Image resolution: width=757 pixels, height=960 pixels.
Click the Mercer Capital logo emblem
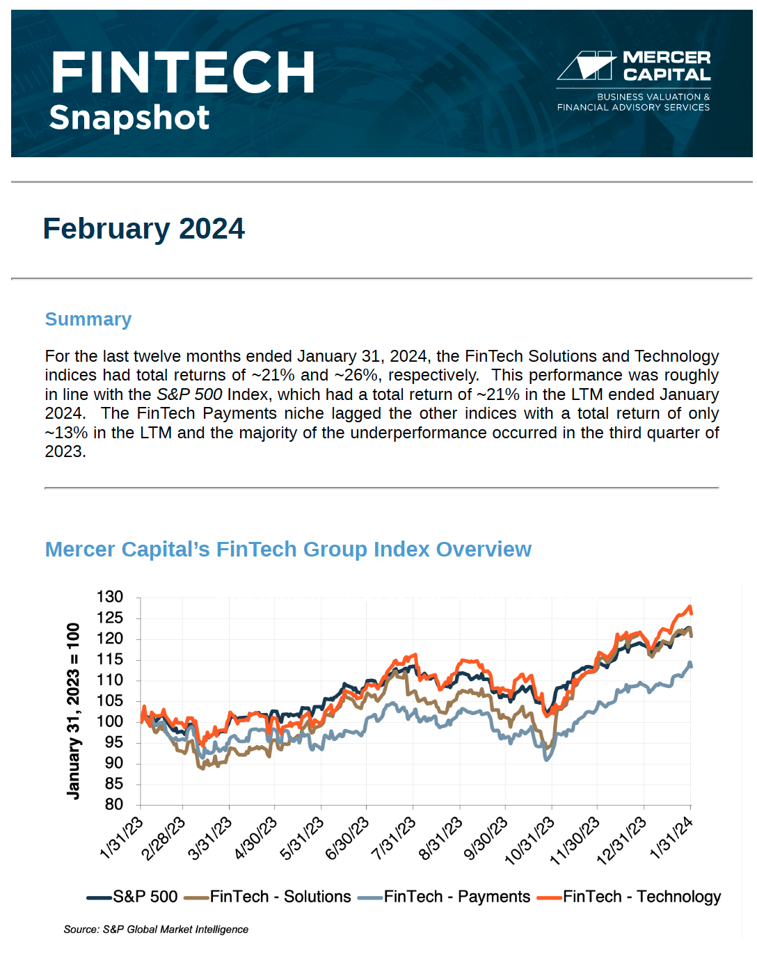[x=586, y=65]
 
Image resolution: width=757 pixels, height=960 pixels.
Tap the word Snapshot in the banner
[x=129, y=118]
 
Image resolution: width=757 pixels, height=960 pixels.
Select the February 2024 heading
[x=143, y=229]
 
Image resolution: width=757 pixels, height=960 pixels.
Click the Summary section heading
[x=88, y=319]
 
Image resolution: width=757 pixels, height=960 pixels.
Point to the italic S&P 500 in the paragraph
[x=189, y=394]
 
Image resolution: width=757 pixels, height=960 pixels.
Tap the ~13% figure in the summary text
[x=66, y=433]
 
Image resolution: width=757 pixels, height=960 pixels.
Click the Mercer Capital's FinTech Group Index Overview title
[x=288, y=550]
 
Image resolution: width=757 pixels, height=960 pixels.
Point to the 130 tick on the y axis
[x=110, y=597]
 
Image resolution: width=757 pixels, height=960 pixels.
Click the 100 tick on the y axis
[x=110, y=721]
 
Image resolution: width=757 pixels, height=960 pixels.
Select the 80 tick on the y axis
[x=114, y=804]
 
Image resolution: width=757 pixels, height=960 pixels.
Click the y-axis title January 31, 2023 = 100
[x=73, y=711]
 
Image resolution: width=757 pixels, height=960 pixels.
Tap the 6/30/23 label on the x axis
[x=348, y=838]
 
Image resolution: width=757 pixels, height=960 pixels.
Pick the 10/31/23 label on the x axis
[x=530, y=841]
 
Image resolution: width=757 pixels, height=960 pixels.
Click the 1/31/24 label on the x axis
[x=671, y=838]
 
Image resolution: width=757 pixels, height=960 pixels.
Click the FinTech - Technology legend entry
[x=630, y=897]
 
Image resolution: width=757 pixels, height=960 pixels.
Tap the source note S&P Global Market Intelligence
[x=156, y=929]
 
